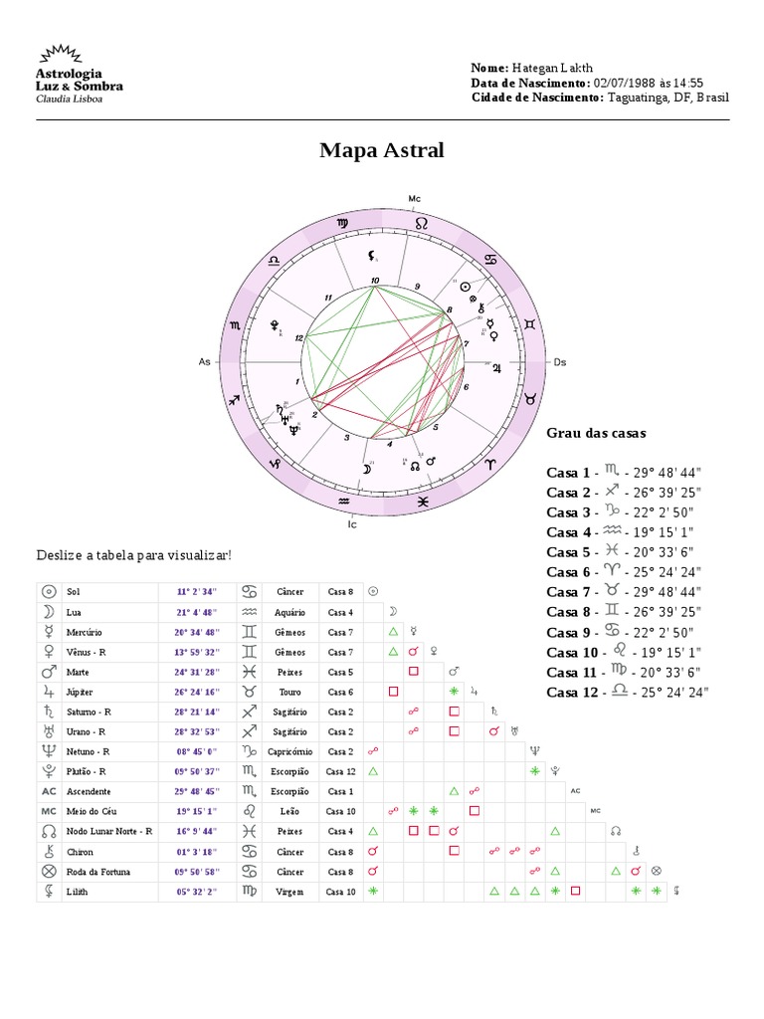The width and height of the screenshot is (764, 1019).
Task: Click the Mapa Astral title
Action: pos(382,151)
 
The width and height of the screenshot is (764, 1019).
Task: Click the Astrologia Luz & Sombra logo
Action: pos(79,75)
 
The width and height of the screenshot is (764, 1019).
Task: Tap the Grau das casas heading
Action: pos(596,433)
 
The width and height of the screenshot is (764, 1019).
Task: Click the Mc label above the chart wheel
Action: pos(415,199)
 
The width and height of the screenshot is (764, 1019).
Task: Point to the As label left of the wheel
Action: pos(205,362)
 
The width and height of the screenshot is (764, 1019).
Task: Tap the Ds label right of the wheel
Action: pos(559,362)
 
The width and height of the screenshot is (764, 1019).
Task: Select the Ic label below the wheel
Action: pos(352,523)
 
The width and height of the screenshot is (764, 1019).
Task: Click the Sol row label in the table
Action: pos(74,591)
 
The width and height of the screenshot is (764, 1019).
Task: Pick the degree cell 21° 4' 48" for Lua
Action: pos(197,612)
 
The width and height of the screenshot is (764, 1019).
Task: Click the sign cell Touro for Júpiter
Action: pos(290,692)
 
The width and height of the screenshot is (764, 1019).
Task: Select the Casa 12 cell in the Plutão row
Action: pos(340,771)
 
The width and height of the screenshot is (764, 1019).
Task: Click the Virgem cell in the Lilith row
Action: pos(290,892)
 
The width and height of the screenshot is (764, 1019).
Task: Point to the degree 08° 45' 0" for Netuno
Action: pos(197,751)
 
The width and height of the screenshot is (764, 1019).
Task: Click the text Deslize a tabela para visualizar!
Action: pos(133,555)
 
